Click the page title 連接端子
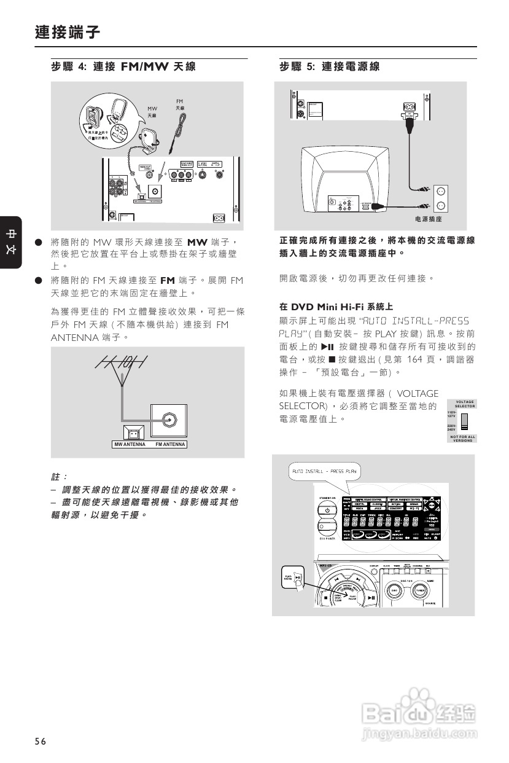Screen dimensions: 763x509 click(x=68, y=32)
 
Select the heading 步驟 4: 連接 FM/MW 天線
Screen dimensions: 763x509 click(x=123, y=67)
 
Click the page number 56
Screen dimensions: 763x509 click(x=41, y=741)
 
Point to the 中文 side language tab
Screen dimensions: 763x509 click(x=11, y=242)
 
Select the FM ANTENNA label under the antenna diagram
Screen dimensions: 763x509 click(x=170, y=444)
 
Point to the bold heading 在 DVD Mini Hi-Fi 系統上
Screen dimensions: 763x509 click(x=336, y=306)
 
